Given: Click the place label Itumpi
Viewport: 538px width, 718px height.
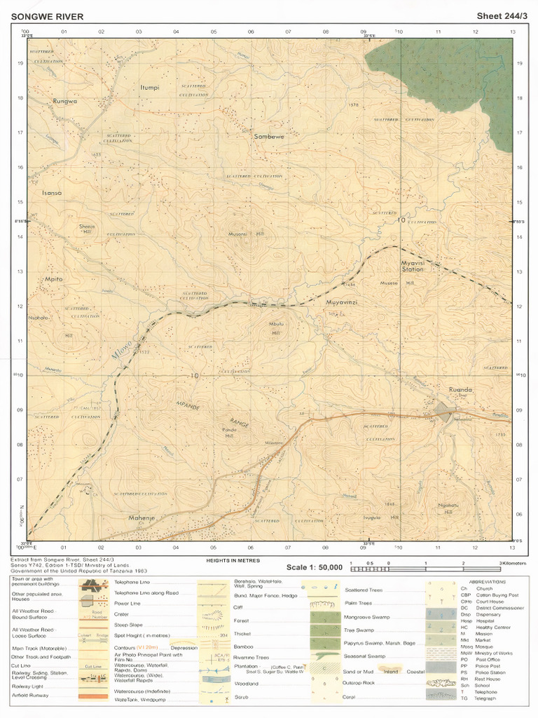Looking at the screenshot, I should point(150,88).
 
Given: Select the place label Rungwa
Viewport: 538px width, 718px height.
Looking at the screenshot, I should point(64,101).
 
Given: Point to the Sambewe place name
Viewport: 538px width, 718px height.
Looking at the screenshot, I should point(269,137).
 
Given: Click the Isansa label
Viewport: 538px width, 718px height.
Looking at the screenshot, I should point(53,193).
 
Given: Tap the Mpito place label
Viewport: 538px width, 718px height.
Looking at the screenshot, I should point(54,279).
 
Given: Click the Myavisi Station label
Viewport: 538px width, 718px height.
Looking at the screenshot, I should point(412,266).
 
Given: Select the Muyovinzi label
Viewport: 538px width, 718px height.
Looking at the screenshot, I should point(343,302).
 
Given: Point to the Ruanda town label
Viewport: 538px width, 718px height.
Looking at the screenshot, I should point(460,389).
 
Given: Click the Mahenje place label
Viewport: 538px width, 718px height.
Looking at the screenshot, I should point(141,517).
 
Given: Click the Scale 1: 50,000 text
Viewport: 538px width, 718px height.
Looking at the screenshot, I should point(315,567).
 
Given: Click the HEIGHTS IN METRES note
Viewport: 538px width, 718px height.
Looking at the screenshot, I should point(233,560).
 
